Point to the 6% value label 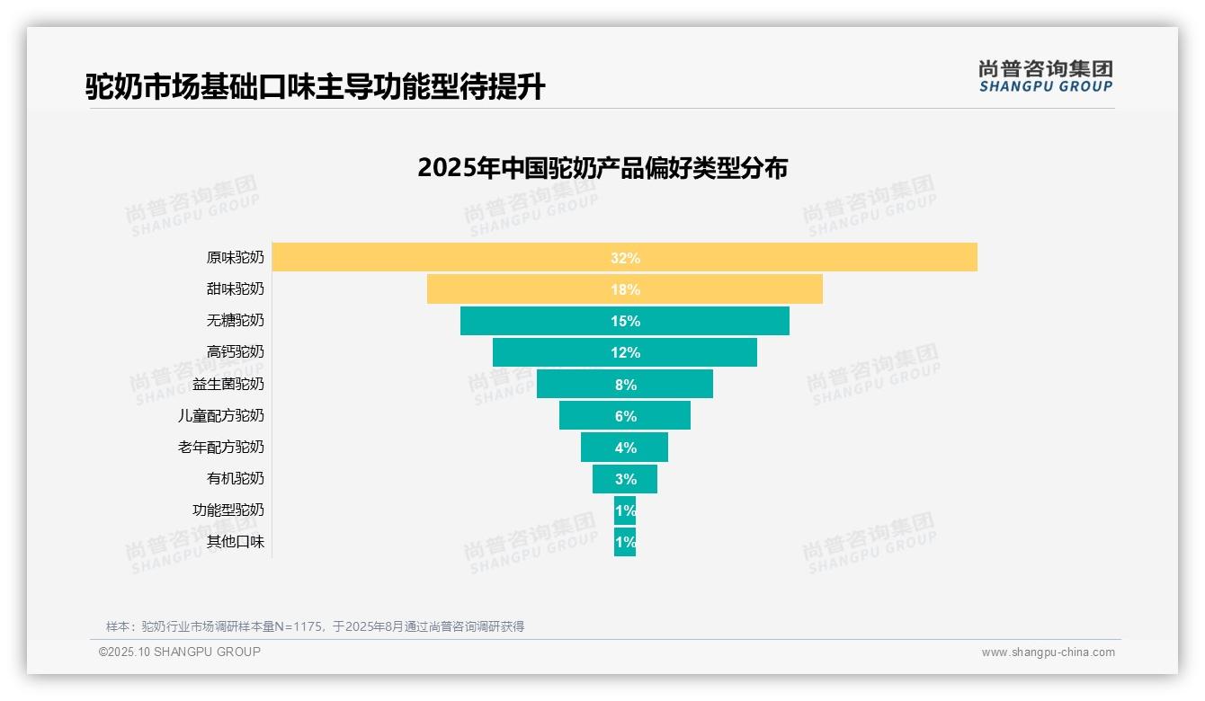coord(625,416)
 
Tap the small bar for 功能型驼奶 coord(625,510)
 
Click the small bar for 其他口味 coord(625,542)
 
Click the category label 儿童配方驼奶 coord(221,416)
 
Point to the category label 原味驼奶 coord(236,258)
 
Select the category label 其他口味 coord(236,542)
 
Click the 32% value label coord(625,258)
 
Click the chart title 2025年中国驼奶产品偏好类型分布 coord(602,168)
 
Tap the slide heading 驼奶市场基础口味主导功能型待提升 coord(316,86)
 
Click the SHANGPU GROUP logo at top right coord(1045,76)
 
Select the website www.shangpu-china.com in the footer coord(1048,652)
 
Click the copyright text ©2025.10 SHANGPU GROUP coord(180,652)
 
